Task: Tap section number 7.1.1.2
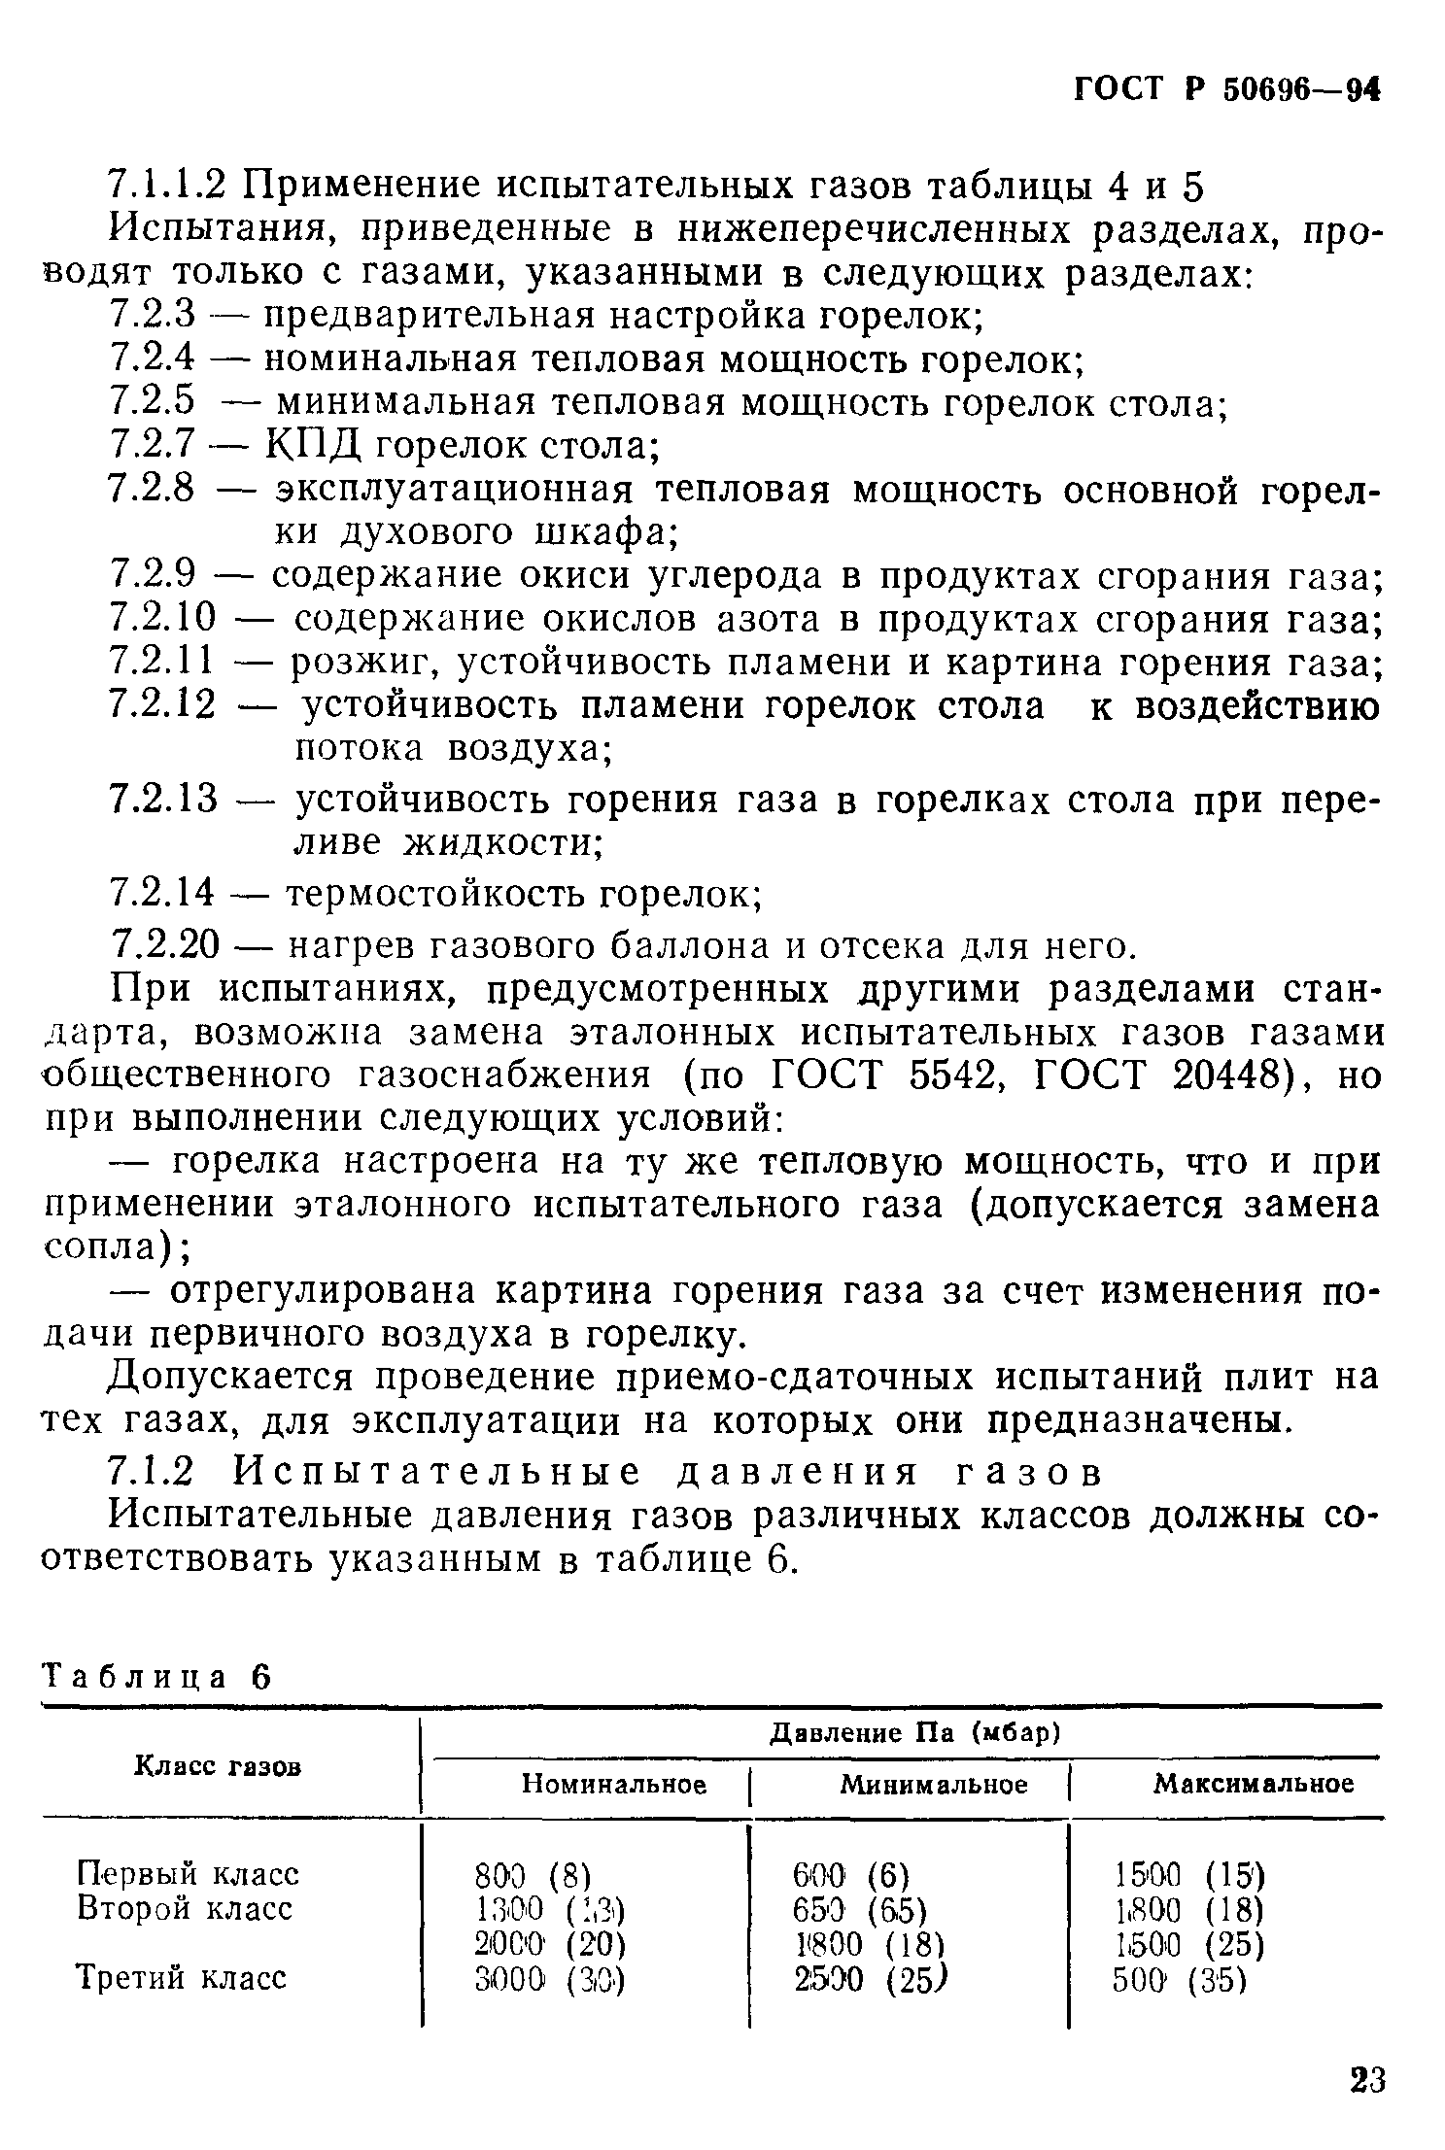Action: [167, 185]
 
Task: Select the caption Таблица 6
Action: [155, 1677]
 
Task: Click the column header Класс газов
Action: [217, 1766]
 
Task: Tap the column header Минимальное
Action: [933, 1784]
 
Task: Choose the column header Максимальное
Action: [1253, 1784]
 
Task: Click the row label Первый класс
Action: [188, 1872]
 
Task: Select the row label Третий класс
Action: [182, 1978]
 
